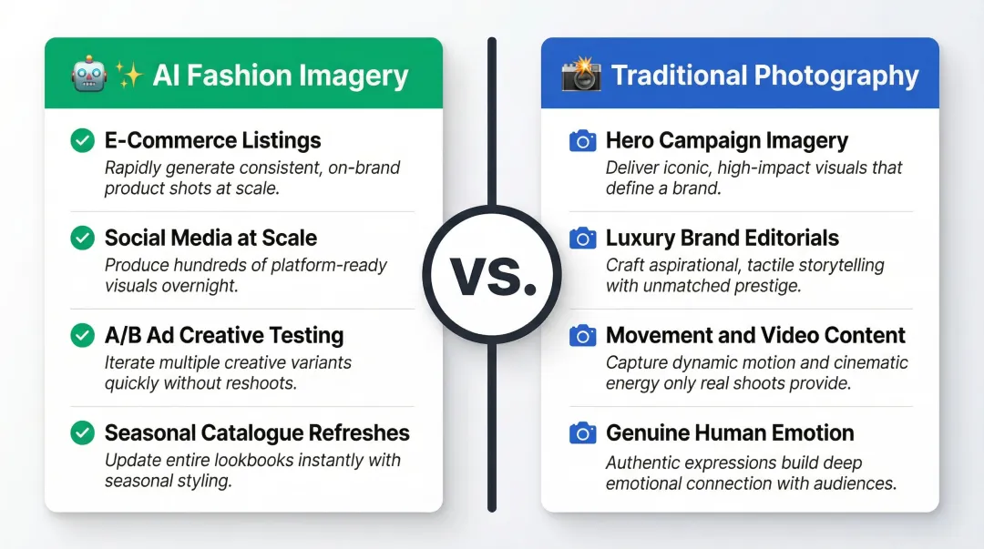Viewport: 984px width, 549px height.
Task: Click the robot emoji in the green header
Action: [88, 75]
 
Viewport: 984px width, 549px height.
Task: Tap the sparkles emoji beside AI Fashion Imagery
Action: [129, 75]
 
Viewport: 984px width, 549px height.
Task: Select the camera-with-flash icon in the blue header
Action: [580, 75]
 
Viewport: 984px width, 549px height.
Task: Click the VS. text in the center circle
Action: [492, 275]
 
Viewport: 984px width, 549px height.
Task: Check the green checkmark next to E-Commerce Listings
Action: [82, 140]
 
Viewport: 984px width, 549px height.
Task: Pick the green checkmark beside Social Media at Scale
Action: [82, 238]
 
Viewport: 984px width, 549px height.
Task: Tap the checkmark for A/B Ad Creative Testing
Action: [82, 335]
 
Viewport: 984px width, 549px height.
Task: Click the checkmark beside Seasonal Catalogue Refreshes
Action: [82, 432]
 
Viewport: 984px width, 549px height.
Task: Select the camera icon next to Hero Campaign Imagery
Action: [582, 140]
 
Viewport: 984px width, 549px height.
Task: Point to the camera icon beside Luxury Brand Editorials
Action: [582, 238]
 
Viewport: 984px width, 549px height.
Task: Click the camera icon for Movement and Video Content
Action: [582, 335]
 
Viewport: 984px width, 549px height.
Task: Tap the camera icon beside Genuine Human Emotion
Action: [582, 432]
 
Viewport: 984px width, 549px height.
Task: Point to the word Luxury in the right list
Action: [638, 238]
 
